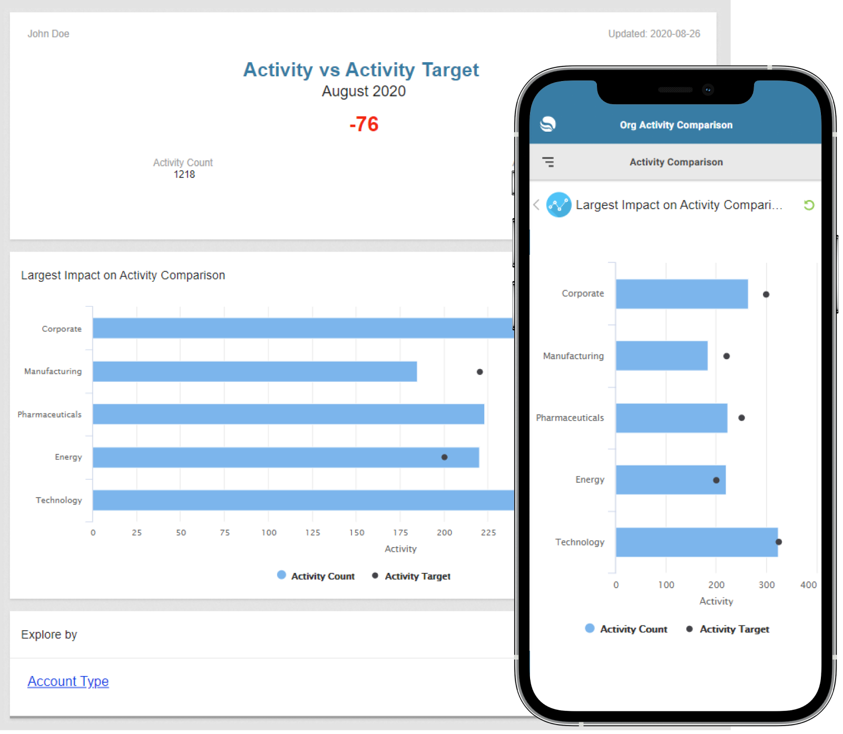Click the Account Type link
coord(68,681)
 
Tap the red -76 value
coord(364,124)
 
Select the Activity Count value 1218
coord(184,174)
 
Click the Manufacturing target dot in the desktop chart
coord(479,372)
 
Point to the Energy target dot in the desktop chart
coord(444,457)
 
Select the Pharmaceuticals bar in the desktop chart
coord(288,414)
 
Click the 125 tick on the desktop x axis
coord(312,532)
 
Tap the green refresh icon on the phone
coord(809,205)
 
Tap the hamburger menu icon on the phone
coord(548,162)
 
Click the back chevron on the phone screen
coord(536,205)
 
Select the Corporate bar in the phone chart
coord(681,294)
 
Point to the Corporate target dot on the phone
coord(766,294)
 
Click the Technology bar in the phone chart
coord(696,542)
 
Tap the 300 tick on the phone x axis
coord(766,584)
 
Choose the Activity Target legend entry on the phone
coord(728,629)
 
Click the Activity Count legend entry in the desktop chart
coord(316,576)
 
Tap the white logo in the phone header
coord(548,124)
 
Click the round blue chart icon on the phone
coord(558,205)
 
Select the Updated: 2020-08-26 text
coord(654,34)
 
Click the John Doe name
coord(48,34)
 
